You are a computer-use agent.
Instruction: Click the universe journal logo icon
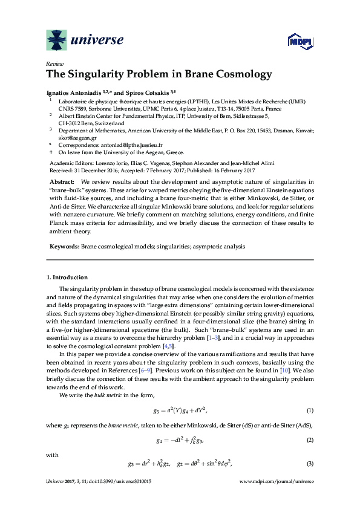click(x=57, y=40)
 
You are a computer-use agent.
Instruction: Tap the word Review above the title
click(x=54, y=63)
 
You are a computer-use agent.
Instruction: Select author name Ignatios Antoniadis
click(x=75, y=92)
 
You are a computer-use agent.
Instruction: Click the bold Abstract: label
click(x=62, y=181)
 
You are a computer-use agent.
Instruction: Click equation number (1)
click(x=310, y=410)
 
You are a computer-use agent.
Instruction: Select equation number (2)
click(x=310, y=441)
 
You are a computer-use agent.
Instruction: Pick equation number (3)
click(x=310, y=464)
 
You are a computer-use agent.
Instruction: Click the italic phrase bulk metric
click(x=100, y=395)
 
